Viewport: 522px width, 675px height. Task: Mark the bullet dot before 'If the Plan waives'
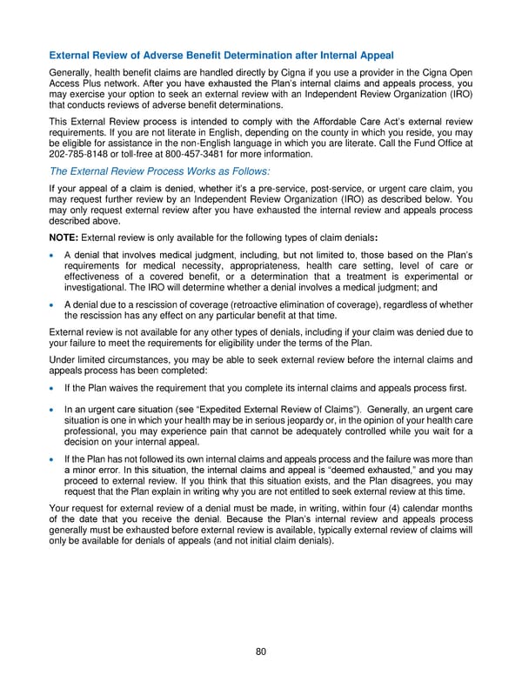(54, 388)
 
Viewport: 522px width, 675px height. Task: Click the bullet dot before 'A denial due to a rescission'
(54, 305)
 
